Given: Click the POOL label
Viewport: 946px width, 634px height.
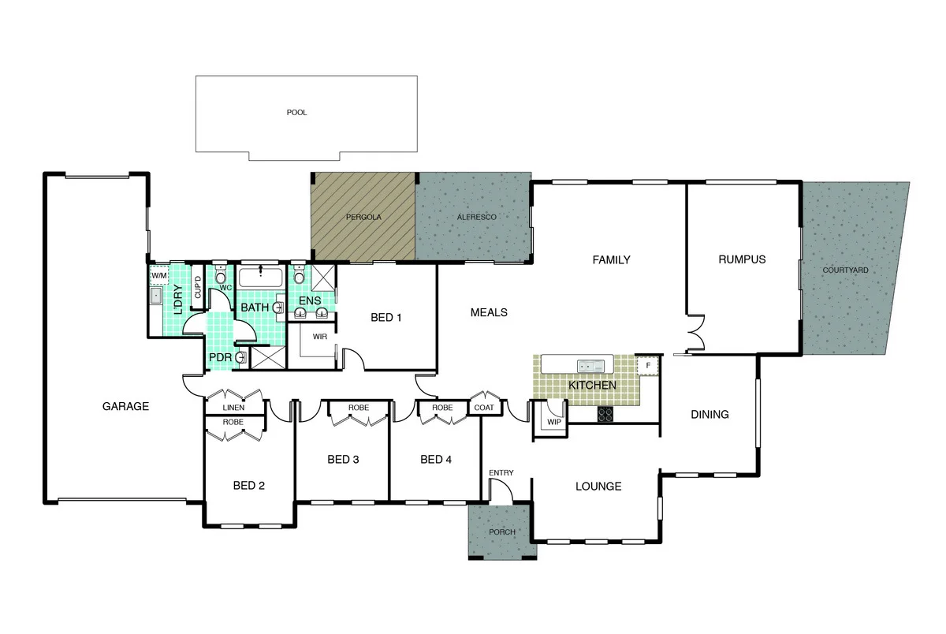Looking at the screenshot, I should tap(296, 113).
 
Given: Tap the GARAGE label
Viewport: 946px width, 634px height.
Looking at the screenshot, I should tap(125, 407).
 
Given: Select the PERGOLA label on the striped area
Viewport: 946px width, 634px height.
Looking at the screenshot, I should tap(363, 216).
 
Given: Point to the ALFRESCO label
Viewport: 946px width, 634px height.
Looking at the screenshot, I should tap(473, 216).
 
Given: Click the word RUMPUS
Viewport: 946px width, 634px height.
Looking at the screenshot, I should tap(741, 259).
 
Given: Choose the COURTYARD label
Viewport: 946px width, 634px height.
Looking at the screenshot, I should tap(845, 270).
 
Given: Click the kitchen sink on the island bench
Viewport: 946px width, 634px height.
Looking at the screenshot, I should tap(590, 365).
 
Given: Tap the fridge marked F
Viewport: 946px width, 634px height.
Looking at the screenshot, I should tap(647, 365).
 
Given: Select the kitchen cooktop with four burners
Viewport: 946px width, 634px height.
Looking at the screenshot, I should tap(605, 414).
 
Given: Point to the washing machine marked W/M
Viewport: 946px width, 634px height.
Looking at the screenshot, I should tap(159, 276).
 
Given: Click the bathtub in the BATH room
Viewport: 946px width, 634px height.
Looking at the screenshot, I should tap(260, 278).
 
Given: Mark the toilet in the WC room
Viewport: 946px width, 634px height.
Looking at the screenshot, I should tap(220, 277).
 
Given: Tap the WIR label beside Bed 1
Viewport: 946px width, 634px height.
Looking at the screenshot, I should tap(319, 337).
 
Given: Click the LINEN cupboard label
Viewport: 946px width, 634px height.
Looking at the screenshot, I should tap(233, 408).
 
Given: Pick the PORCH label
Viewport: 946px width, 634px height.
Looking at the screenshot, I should tap(502, 532).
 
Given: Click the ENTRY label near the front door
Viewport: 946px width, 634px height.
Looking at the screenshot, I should tap(501, 473).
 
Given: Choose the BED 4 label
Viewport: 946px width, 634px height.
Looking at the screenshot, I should tap(435, 460).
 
